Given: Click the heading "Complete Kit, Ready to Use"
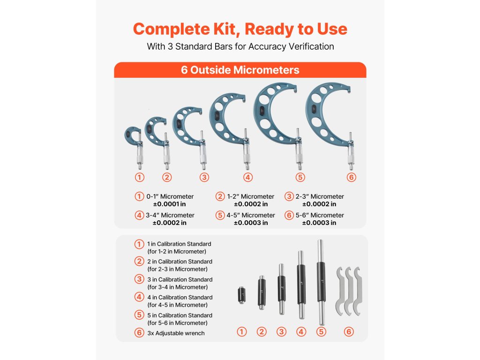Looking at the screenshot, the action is point(240,29).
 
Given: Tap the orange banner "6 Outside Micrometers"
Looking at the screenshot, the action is point(240,70).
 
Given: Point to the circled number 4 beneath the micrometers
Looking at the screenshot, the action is point(248,177).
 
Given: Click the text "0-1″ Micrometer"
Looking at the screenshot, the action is point(170,196).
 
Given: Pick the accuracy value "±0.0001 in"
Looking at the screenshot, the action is point(170,204).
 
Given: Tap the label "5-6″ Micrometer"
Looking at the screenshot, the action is point(320,215).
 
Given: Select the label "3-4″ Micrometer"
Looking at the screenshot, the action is point(170,215).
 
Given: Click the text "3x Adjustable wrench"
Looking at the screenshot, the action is point(176,333).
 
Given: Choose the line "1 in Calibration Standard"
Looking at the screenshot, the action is point(179,244).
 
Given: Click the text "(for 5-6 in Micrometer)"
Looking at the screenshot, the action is point(178,323).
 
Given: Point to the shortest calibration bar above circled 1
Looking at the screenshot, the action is point(241,295).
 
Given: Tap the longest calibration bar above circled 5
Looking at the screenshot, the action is point(321,282).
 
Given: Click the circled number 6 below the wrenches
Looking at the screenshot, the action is point(349,331).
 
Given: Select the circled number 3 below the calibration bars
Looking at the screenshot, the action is point(281,331).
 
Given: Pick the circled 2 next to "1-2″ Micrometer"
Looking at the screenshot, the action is point(220,196).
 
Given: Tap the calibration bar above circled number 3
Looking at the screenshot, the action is point(282,289).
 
